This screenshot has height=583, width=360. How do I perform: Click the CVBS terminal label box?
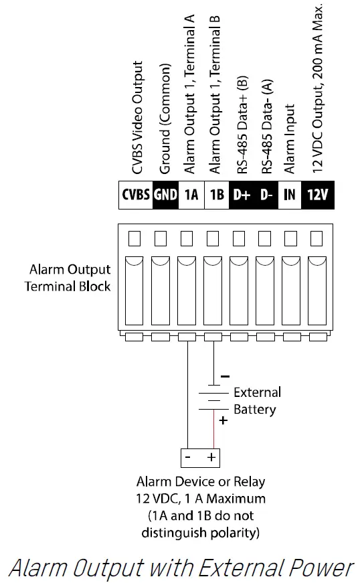tap(136, 195)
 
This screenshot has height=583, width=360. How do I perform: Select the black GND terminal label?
tap(165, 195)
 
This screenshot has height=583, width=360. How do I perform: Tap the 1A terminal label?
tap(191, 195)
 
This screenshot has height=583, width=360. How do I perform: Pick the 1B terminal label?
tap(217, 195)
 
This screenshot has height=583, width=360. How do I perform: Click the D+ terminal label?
tap(241, 195)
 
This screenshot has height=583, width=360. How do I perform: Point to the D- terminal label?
tap(266, 195)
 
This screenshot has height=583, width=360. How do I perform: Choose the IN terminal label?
tap(290, 195)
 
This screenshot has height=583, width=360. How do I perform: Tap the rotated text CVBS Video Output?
tap(137, 118)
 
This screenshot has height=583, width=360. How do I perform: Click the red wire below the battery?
tap(213, 432)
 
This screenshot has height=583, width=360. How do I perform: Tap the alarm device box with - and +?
tap(201, 458)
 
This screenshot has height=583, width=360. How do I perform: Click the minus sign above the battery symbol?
tap(226, 376)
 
